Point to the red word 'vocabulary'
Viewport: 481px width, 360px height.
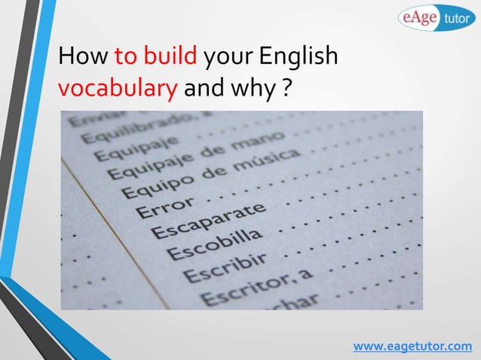point(118,90)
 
